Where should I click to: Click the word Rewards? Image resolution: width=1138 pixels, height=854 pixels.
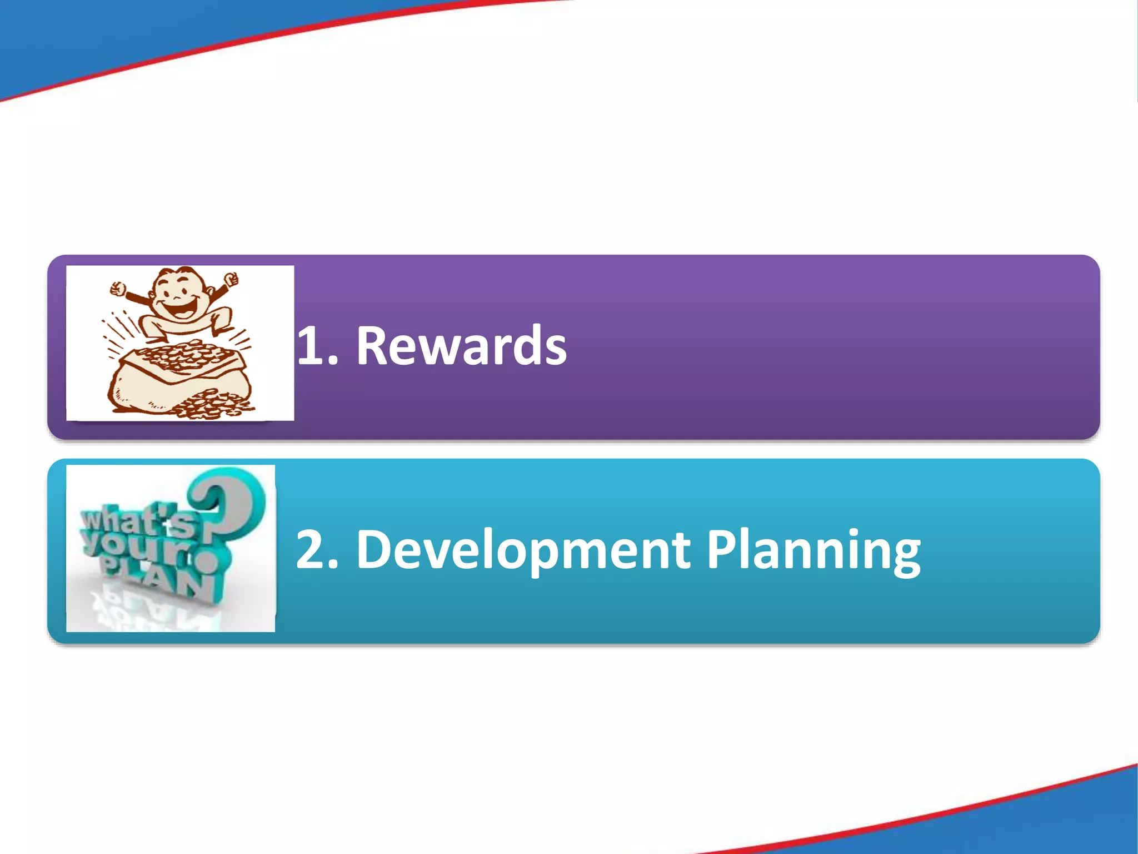461,346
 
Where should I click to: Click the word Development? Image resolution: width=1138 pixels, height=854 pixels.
522,550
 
